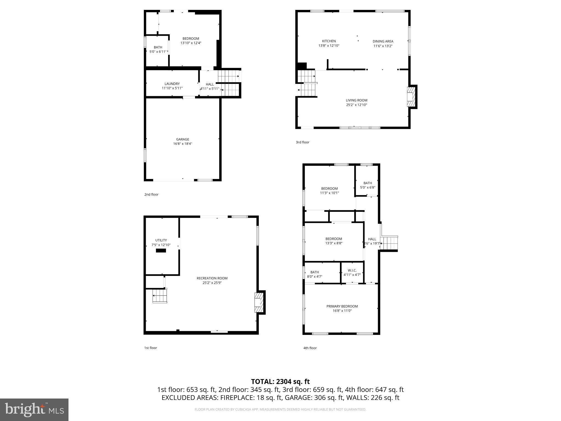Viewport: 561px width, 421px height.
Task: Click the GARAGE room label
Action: coord(182,139)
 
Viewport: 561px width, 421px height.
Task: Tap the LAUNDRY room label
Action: coord(172,84)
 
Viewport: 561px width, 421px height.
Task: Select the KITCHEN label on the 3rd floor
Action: coord(329,41)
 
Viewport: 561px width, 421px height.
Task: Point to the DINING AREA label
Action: coord(383,41)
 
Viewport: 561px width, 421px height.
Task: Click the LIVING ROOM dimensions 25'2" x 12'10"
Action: coord(356,105)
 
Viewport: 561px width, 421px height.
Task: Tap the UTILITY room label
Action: coord(161,240)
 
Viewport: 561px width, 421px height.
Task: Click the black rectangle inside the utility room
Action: coord(161,251)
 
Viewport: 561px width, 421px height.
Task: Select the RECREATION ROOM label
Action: coord(212,278)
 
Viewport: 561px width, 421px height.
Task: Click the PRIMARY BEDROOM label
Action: coord(342,306)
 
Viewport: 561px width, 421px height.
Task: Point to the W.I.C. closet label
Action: coord(352,271)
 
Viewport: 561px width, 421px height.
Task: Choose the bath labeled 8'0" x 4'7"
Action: coord(314,274)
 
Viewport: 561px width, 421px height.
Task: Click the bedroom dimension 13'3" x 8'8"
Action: coord(334,243)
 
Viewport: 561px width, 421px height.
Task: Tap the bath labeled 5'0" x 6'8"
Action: coord(368,185)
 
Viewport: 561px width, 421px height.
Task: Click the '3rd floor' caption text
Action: coord(302,142)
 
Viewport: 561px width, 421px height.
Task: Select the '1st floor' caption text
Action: coord(151,348)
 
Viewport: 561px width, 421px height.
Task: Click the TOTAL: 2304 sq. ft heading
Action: coord(280,382)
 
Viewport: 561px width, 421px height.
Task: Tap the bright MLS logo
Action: coord(34,410)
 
